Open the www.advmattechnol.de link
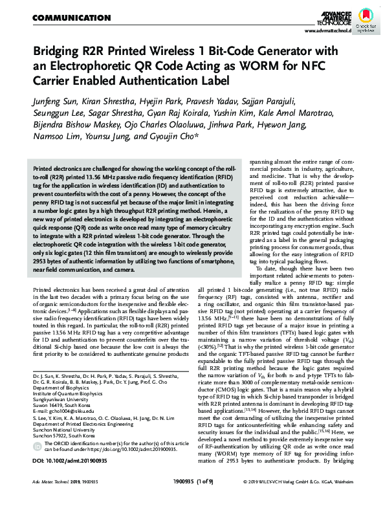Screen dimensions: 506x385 click(327, 30)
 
